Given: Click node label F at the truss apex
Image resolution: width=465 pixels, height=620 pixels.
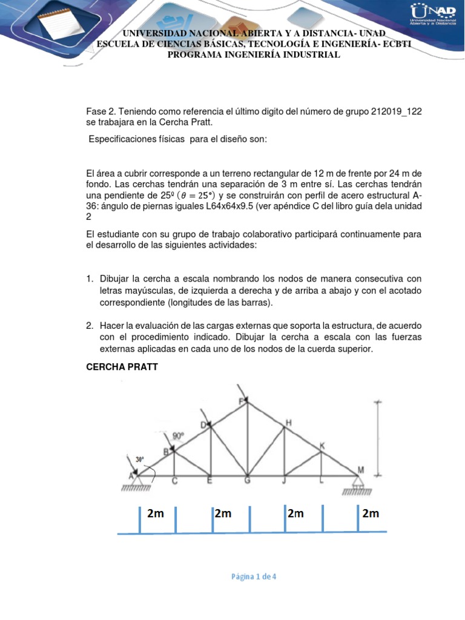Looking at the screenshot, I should pos(243,401).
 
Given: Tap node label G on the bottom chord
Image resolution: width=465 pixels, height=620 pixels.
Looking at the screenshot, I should pos(247,482).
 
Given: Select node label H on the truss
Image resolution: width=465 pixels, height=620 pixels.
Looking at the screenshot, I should pos(288,423).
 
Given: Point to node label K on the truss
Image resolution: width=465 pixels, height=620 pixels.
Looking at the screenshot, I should pos(322,446).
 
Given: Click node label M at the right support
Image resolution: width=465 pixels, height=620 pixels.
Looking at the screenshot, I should pos(361,470).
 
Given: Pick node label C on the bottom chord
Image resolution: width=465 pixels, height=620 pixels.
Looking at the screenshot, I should pos(174,482).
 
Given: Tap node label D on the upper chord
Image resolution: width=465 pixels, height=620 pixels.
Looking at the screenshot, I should pos(203,424).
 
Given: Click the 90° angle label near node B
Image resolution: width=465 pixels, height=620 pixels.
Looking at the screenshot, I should pos(178,435).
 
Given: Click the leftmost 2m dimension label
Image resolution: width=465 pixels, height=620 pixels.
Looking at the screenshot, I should pos(156,513).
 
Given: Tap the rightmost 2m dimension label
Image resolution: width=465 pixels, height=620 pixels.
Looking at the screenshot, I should pos(371,513).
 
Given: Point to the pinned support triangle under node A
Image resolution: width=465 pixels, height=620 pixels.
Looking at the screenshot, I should pos(137,481).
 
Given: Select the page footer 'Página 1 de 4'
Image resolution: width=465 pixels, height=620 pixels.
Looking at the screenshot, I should pos(254,576).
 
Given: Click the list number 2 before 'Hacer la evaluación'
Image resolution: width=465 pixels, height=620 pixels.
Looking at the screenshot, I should pos(89,325).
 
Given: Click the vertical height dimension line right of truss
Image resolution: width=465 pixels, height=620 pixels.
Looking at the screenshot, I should pos(379,437).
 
